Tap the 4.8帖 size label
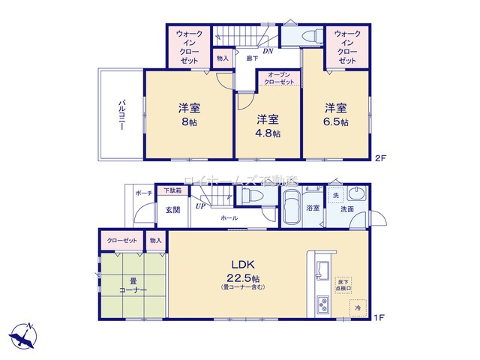pyautogui.click(x=269, y=134)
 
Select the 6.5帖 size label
pyautogui.click(x=337, y=123)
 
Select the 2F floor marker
pyautogui.click(x=380, y=157)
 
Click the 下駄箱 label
pyautogui.click(x=172, y=190)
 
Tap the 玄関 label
pyautogui.click(x=172, y=211)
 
